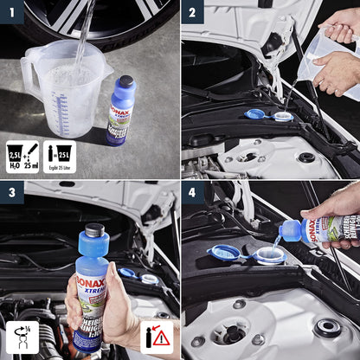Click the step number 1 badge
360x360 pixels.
(x=11, y=11)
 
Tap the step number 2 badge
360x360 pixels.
(x=192, y=11)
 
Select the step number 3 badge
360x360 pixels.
(x=11, y=192)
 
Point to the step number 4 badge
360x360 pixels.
(x=192, y=192)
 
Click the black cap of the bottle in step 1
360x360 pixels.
(x=126, y=82)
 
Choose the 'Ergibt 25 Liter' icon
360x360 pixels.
(x=60, y=157)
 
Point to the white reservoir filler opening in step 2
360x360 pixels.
(x=282, y=116)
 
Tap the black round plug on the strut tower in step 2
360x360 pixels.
(x=306, y=157)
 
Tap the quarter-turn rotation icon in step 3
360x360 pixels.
(x=21, y=337)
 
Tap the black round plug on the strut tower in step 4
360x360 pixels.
(x=327, y=327)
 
